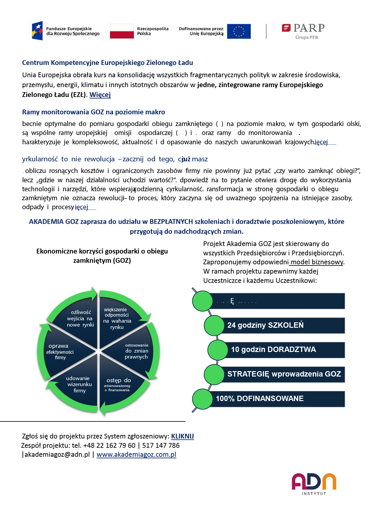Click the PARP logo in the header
point(303,31)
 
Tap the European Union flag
point(238,31)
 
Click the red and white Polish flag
point(122,31)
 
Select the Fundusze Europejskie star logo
point(37,31)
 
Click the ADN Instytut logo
point(314,483)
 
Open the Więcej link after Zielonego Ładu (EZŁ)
point(100,95)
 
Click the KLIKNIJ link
point(182,436)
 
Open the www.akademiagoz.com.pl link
point(136,455)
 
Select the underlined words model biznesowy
point(317,262)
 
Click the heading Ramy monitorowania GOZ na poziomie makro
point(94,112)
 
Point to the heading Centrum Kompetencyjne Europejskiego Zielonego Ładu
point(107,63)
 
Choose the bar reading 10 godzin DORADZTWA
point(284,350)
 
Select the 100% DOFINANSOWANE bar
point(277,399)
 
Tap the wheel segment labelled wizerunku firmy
point(80,384)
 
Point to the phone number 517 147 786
point(161,445)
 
